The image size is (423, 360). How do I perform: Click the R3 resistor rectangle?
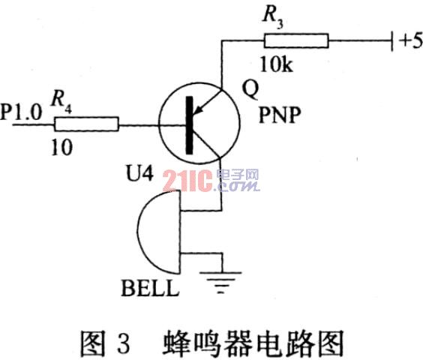[x=296, y=40]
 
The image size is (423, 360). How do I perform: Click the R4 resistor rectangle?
[x=86, y=124]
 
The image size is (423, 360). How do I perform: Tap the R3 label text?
[x=272, y=16]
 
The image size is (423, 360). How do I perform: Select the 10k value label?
[x=277, y=64]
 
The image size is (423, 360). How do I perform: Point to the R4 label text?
[x=61, y=102]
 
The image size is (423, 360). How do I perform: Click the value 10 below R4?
[x=62, y=147]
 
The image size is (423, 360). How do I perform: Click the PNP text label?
[x=280, y=115]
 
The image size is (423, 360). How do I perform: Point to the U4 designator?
[x=139, y=173]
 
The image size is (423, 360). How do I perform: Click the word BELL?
[x=150, y=288]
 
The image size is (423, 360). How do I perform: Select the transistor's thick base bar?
[x=190, y=125]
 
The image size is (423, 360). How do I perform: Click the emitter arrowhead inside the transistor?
[x=199, y=109]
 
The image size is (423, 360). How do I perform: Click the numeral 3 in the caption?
[x=124, y=343]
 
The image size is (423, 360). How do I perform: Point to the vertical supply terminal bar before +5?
[x=392, y=40]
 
